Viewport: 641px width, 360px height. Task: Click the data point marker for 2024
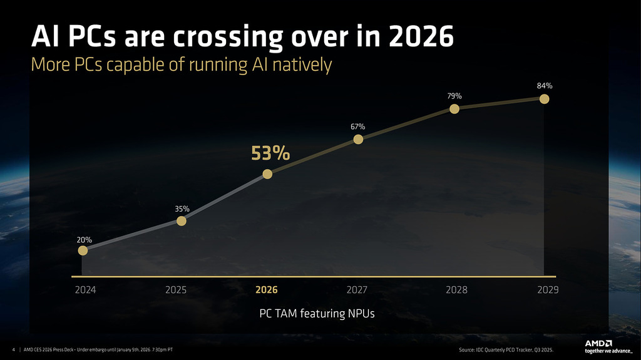(x=83, y=250)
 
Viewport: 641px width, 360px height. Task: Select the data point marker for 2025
(x=181, y=221)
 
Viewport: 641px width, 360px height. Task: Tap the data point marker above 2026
(x=267, y=174)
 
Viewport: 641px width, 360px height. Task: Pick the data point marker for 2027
(x=358, y=139)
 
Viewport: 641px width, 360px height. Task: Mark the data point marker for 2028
(x=454, y=108)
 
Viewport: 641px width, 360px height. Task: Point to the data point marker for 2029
(x=545, y=98)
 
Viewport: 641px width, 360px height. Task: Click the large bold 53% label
(x=270, y=153)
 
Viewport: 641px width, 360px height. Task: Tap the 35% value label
(x=182, y=208)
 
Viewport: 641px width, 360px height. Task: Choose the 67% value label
(x=358, y=127)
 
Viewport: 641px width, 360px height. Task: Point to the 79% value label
(x=454, y=96)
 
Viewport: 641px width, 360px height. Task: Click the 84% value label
(x=545, y=85)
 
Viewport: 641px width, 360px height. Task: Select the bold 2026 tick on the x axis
(x=267, y=291)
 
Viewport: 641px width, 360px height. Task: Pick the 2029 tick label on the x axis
(x=547, y=291)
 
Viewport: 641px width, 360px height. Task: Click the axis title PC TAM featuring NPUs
(x=317, y=313)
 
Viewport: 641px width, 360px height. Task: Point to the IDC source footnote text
(x=506, y=349)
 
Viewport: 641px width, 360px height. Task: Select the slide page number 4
(x=14, y=349)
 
